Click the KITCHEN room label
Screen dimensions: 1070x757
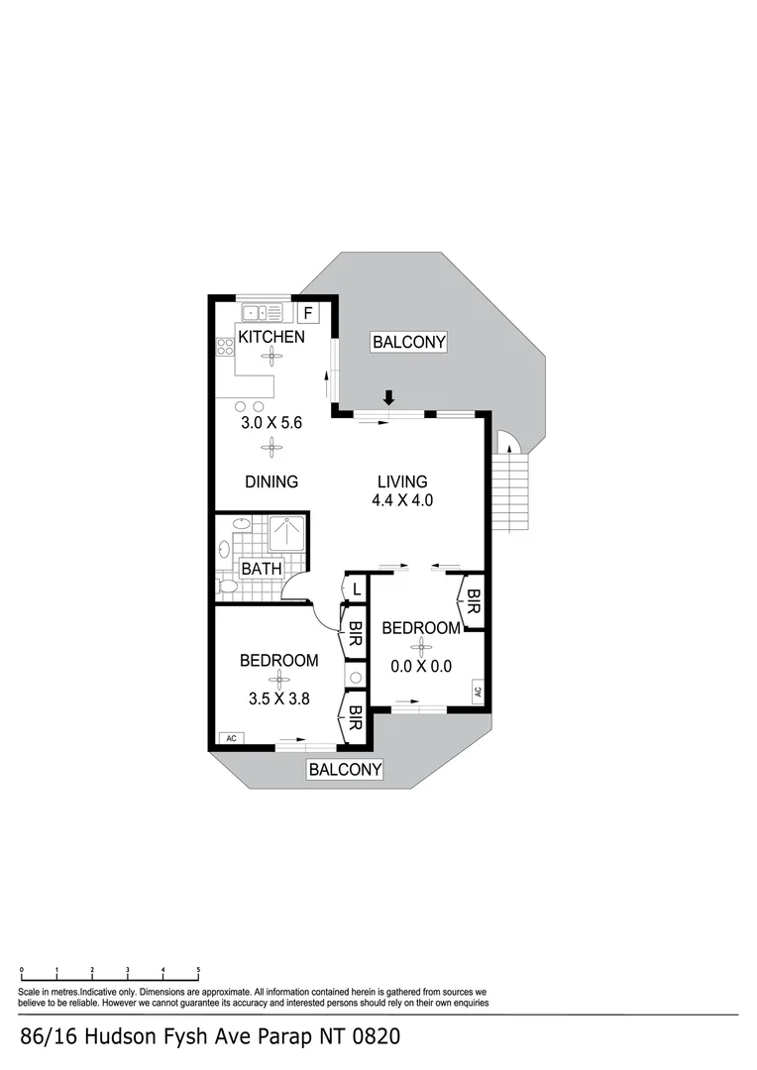[x=270, y=337]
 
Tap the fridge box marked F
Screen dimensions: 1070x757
[x=308, y=314]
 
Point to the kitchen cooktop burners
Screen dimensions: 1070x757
[x=224, y=347]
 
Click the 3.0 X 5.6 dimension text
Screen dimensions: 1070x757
[x=270, y=422]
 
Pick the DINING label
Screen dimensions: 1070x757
[x=271, y=482]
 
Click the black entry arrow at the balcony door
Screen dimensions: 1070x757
[x=389, y=397]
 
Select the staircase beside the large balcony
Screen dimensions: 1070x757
[x=513, y=490]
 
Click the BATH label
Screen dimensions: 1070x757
[x=262, y=569]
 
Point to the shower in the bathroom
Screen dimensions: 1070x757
[x=288, y=535]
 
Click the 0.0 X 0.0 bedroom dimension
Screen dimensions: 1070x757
[x=421, y=667]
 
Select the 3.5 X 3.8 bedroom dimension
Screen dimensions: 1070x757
[x=279, y=697]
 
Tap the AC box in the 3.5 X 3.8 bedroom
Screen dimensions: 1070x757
[x=232, y=738]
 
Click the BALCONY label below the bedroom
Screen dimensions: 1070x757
[x=344, y=770]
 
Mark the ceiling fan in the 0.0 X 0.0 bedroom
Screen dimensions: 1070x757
[x=422, y=647]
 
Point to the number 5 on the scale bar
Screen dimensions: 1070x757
[x=198, y=970]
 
